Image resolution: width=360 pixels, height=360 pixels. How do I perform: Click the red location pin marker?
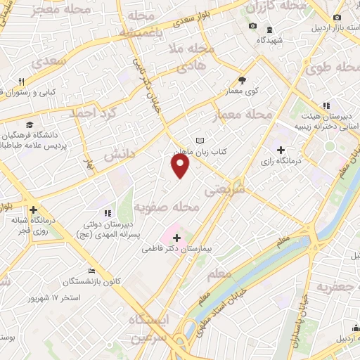click(181, 167)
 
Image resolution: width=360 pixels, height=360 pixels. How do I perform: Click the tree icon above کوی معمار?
click(243, 80)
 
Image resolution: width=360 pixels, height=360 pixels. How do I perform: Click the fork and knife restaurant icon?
click(22, 82)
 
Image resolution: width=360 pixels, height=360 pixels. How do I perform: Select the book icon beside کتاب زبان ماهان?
click(200, 140)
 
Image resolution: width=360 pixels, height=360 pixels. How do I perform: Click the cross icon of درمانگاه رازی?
click(281, 150)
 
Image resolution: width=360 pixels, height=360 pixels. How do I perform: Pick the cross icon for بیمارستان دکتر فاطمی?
click(176, 238)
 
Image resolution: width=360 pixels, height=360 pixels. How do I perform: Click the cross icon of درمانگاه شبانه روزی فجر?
click(33, 209)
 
